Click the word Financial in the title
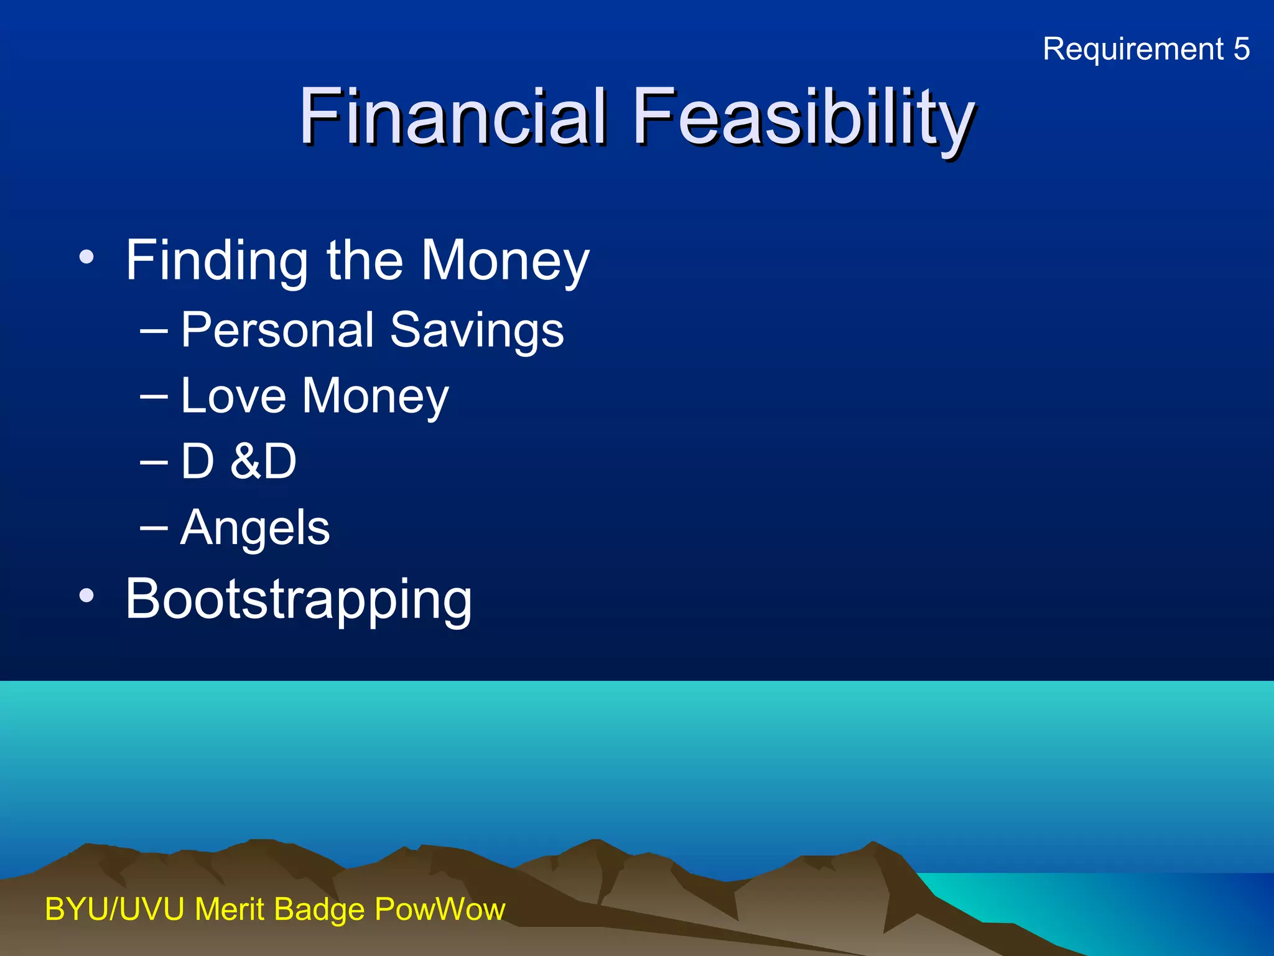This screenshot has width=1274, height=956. [452, 116]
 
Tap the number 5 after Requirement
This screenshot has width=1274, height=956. [1241, 49]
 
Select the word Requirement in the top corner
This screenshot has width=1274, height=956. [1133, 49]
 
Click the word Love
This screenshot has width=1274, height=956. [233, 396]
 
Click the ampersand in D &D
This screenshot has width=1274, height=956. [244, 462]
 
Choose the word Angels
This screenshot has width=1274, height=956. [255, 528]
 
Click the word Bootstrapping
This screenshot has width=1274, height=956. [299, 599]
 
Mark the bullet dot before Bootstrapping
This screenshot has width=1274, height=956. [86, 596]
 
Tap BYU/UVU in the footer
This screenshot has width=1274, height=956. [114, 909]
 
